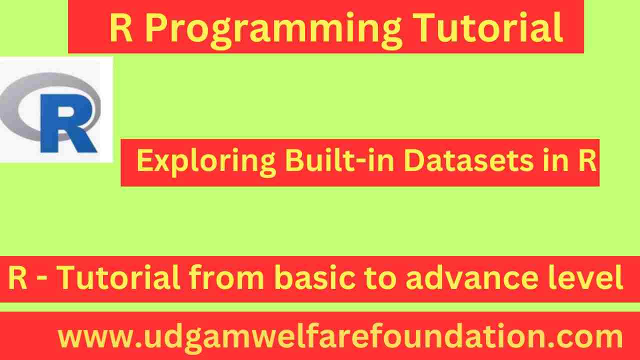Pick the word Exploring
coord(205,161)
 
